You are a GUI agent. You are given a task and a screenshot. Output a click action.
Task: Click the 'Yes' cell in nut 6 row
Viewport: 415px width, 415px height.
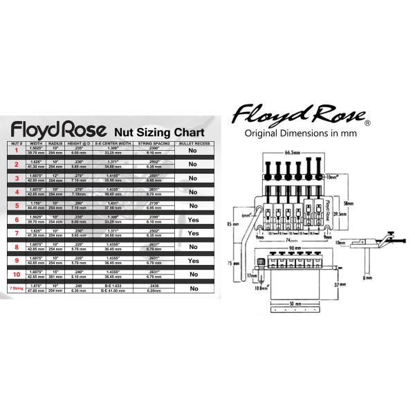click(x=193, y=219)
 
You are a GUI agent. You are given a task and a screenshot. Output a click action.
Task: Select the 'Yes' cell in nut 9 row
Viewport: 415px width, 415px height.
click(x=193, y=261)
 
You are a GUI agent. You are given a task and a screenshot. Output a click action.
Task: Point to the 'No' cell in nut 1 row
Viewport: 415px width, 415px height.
click(x=193, y=149)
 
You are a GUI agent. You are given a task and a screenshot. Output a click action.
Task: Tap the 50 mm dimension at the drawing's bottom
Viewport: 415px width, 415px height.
click(x=295, y=304)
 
